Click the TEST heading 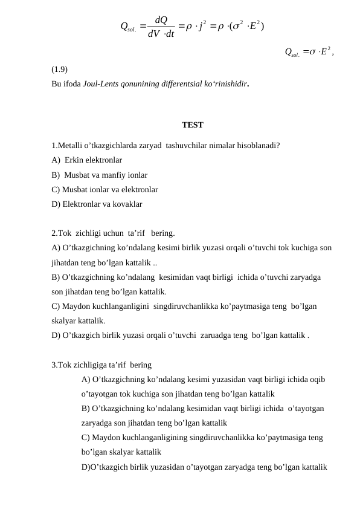point(192,125)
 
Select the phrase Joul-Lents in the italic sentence point(100,83)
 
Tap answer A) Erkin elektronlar point(87,160)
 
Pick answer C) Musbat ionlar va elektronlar point(105,190)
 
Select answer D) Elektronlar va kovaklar point(97,204)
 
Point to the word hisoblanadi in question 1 point(257,146)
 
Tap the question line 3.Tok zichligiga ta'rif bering point(101,365)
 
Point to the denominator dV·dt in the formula point(161,34)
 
